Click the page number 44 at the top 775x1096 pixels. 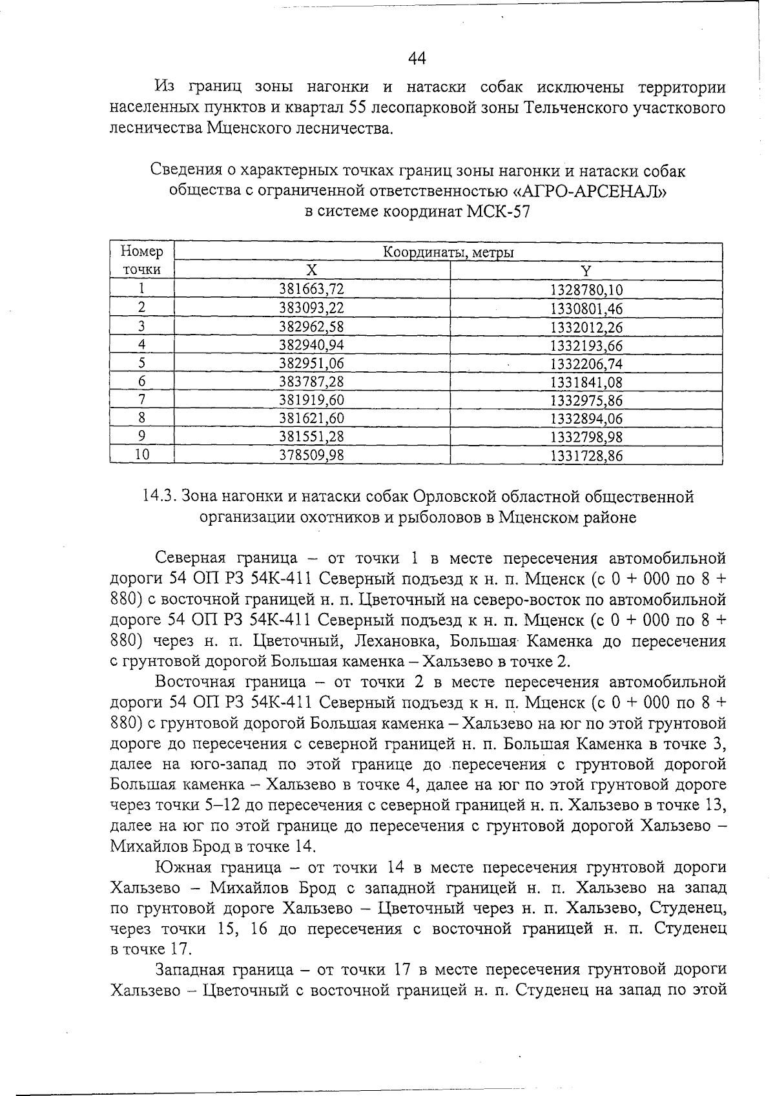(417, 59)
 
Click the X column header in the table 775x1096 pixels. (312, 270)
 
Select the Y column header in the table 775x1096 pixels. (586, 270)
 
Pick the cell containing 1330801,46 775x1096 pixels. (586, 308)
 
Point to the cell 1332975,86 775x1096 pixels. (586, 400)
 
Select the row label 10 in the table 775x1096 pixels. (141, 455)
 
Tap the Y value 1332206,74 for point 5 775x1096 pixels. (586, 364)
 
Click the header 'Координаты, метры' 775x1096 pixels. (448, 252)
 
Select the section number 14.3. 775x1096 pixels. (158, 497)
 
